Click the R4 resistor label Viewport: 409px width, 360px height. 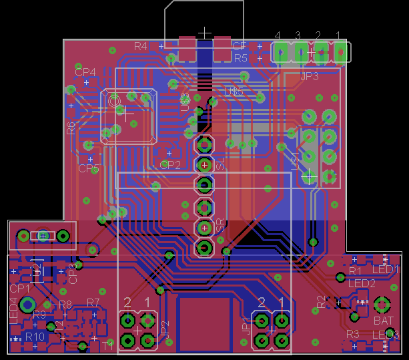140,46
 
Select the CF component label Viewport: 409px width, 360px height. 239,45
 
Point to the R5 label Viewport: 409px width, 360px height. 241,58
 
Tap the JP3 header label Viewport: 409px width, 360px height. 310,77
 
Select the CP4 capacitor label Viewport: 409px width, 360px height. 85,72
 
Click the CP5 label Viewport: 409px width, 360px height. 89,168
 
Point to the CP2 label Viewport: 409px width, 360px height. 170,164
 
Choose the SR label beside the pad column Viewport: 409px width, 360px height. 220,226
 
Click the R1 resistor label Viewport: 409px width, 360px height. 355,271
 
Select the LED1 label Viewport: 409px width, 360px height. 385,269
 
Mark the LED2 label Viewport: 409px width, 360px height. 362,284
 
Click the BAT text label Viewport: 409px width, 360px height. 383,321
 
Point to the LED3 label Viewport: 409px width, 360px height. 385,334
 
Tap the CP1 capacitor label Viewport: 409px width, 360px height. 20,288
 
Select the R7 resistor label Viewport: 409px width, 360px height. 93,303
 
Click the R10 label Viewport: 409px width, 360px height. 35,336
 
